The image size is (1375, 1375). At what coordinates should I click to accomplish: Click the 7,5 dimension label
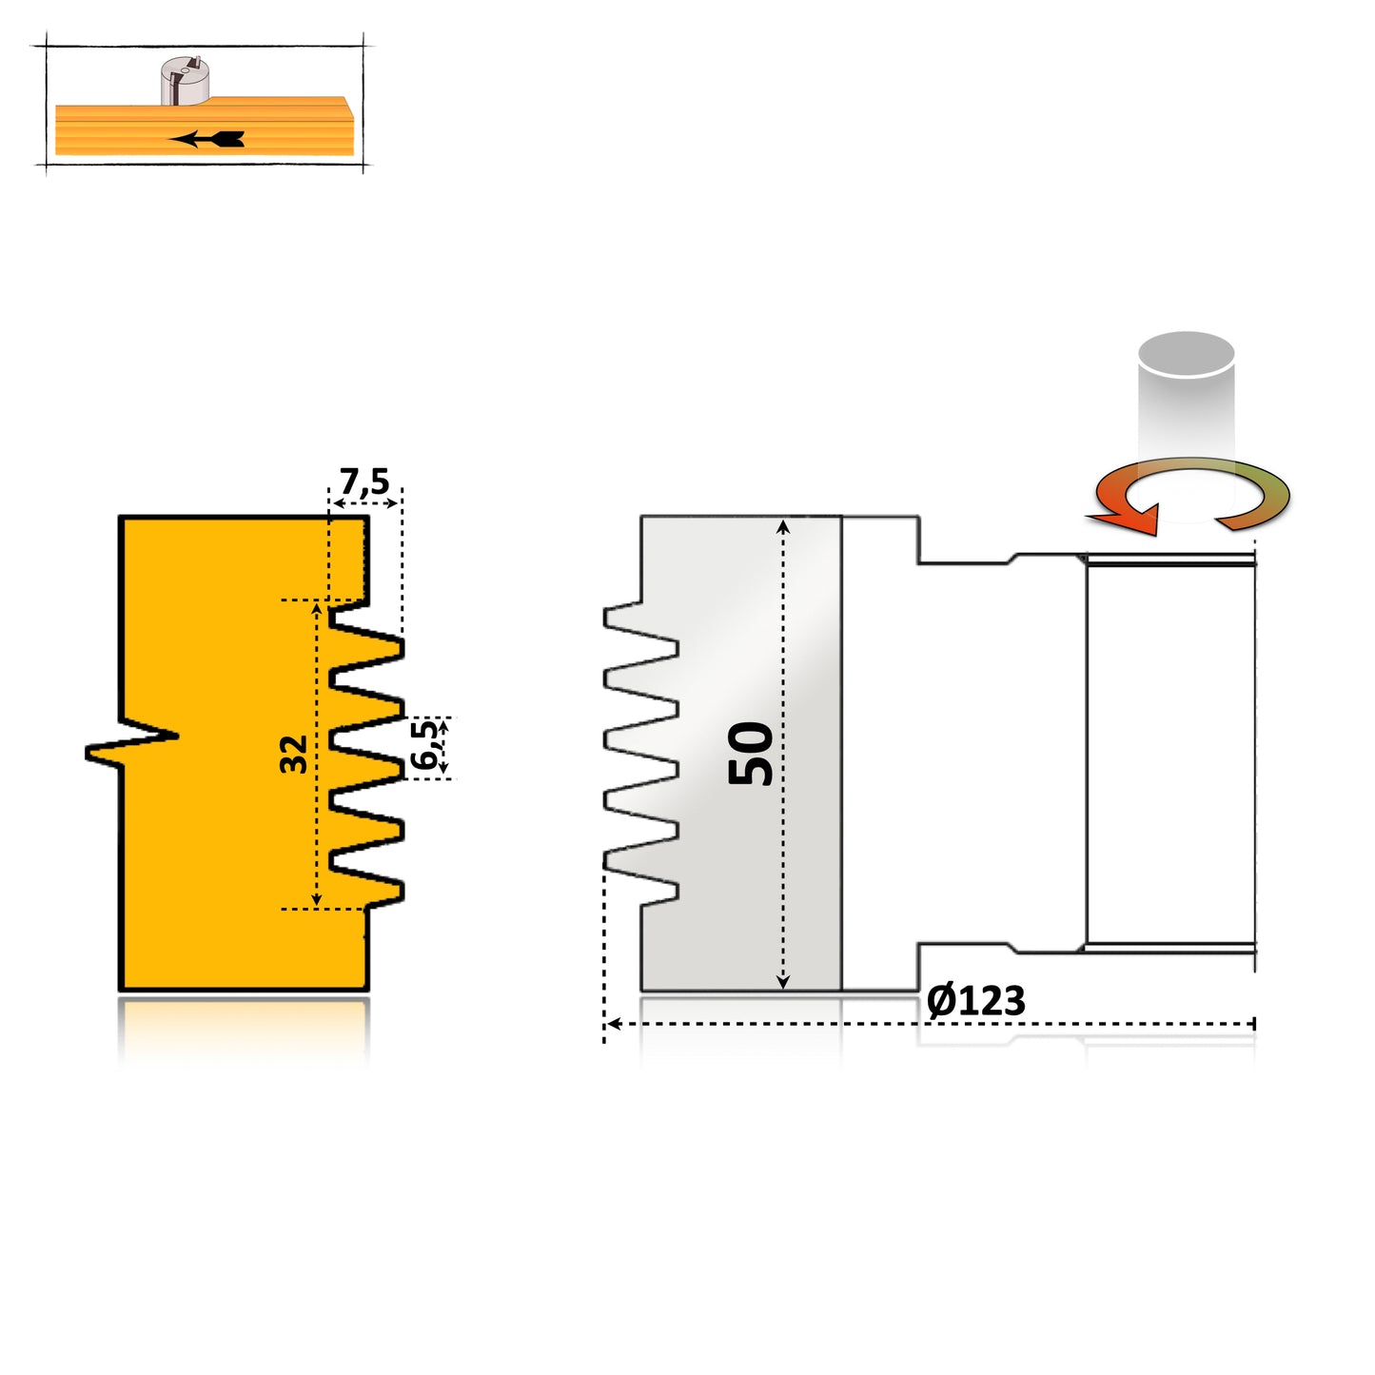[x=364, y=481]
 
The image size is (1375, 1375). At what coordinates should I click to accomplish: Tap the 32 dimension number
[x=294, y=754]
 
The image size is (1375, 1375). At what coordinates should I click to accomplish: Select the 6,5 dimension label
[x=425, y=745]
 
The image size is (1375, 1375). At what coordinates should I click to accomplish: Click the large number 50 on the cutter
[x=751, y=753]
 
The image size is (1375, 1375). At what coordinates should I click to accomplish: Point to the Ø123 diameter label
[x=975, y=1001]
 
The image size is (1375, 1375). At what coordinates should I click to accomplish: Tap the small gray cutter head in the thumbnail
[x=185, y=80]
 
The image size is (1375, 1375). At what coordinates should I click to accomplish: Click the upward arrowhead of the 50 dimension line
[x=783, y=526]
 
